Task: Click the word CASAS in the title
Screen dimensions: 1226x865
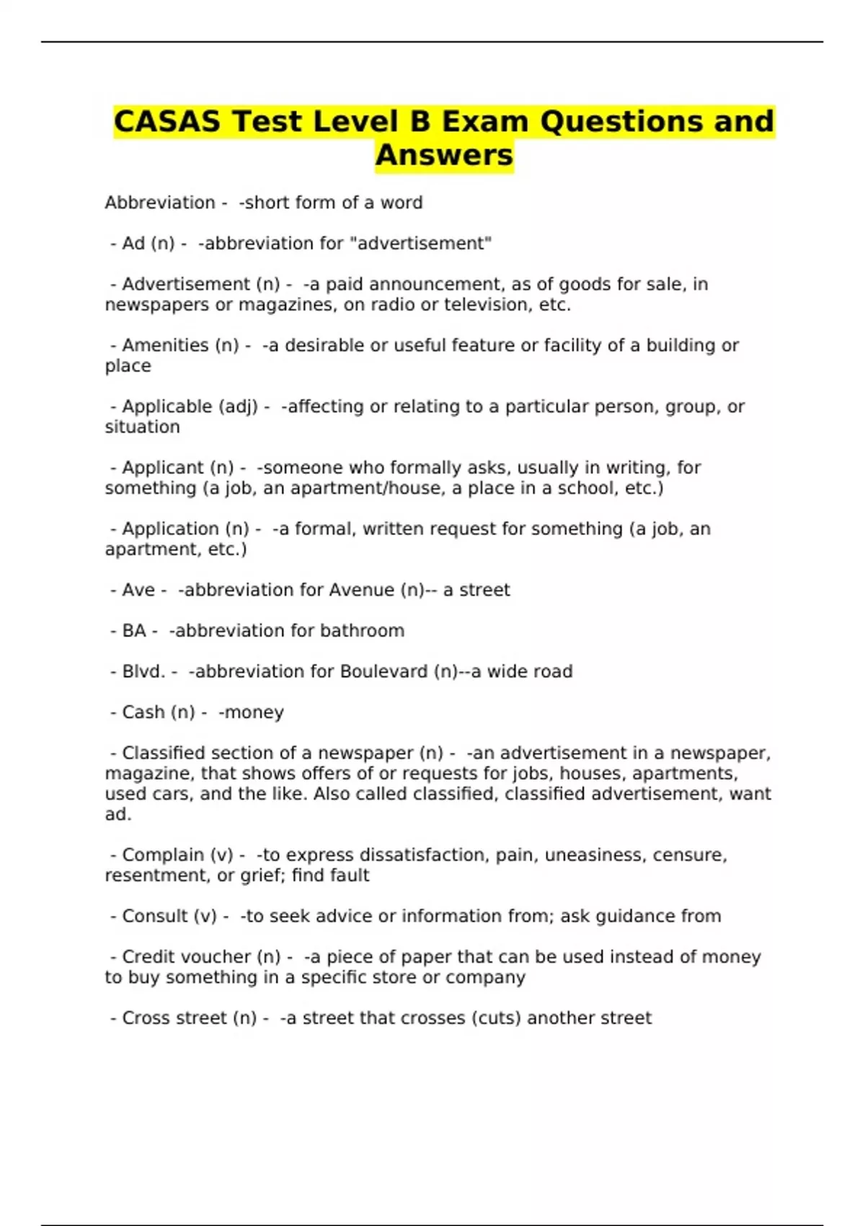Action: point(167,121)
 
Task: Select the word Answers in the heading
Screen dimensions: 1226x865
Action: point(444,155)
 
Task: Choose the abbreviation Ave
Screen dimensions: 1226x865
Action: point(138,590)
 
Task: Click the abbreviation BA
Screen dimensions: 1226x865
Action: point(134,631)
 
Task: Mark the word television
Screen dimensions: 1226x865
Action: point(488,305)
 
